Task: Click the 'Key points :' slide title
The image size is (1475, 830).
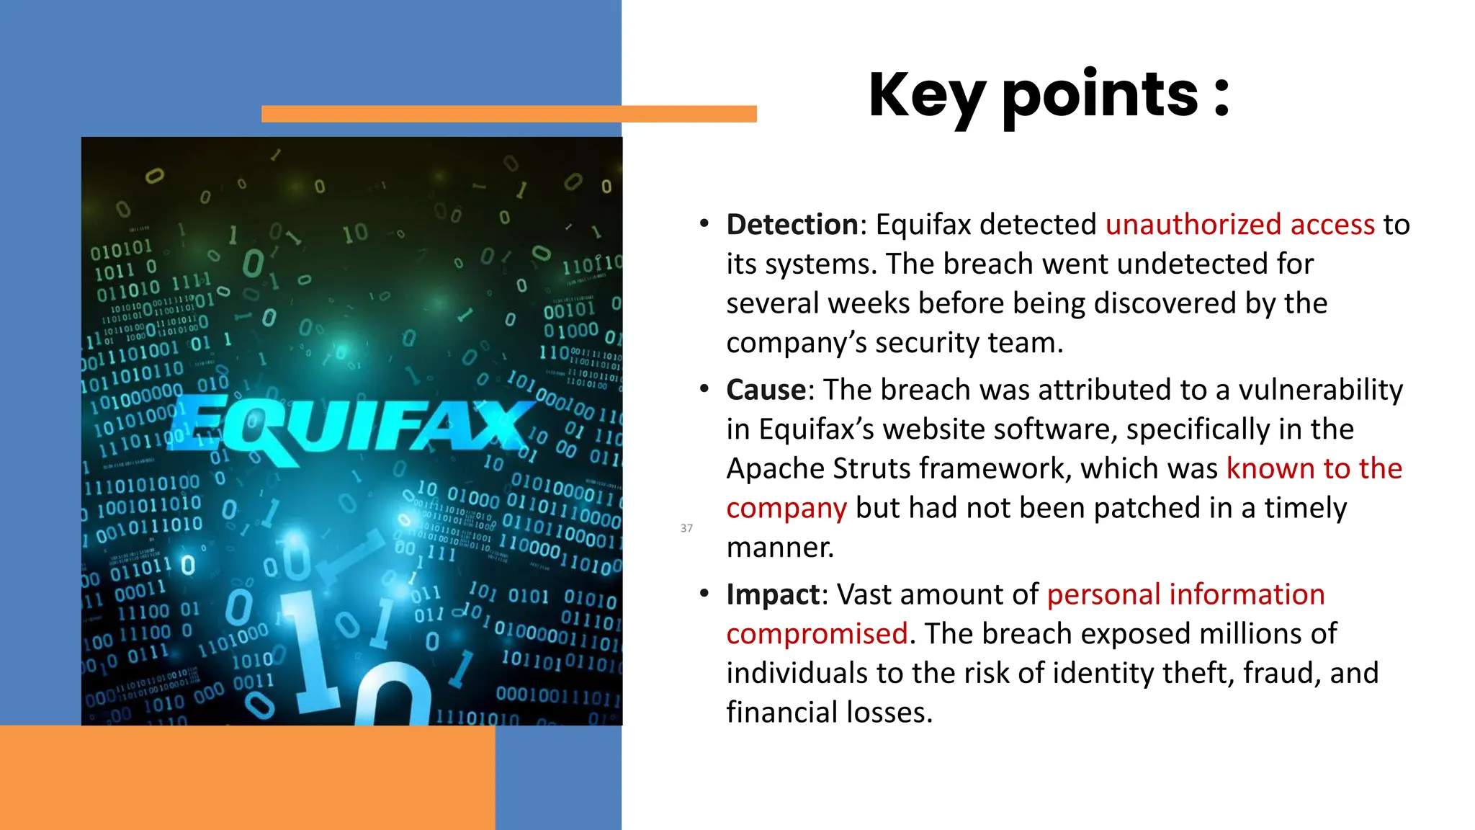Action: (1049, 95)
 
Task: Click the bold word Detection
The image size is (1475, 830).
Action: (792, 225)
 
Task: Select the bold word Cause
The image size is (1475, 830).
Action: (766, 390)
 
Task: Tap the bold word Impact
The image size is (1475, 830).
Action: (773, 594)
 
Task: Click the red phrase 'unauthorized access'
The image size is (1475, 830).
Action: (1239, 225)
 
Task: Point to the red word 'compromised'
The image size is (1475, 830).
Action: (817, 634)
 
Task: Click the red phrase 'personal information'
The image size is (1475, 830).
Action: (1185, 594)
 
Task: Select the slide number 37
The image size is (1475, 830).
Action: (686, 528)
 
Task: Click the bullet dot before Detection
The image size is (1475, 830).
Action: (704, 224)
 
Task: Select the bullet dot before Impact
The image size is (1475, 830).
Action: (704, 594)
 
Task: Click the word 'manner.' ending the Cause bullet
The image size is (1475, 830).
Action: (779, 548)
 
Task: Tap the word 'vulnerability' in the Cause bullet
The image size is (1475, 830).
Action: (1320, 390)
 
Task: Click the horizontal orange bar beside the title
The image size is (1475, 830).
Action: (508, 114)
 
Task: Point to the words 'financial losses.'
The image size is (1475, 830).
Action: (829, 713)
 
